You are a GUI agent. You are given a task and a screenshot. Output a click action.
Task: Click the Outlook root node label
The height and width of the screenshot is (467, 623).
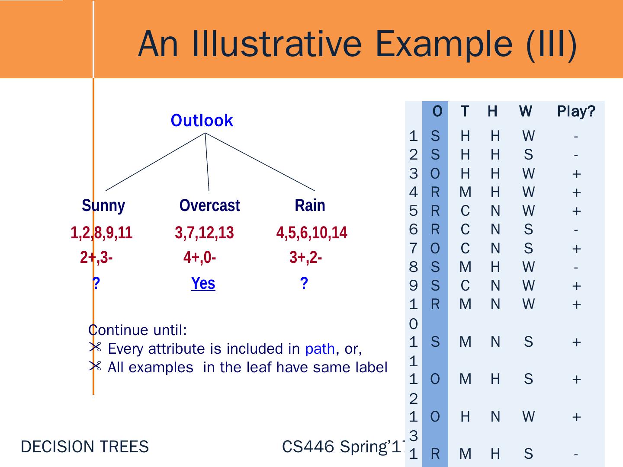tap(202, 121)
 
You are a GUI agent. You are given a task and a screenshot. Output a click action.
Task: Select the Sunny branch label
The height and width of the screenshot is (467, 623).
tap(103, 205)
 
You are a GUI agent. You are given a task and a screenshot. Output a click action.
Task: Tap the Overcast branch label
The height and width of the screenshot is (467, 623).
tap(209, 205)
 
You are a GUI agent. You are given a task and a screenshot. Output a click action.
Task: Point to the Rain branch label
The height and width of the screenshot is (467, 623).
tap(310, 205)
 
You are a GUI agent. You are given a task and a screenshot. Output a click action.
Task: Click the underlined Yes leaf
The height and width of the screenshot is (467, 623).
tap(203, 284)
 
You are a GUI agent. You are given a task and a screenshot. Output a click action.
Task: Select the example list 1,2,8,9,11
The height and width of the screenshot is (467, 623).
tap(101, 233)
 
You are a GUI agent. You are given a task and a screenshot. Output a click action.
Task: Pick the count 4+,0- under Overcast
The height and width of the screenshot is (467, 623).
tap(199, 258)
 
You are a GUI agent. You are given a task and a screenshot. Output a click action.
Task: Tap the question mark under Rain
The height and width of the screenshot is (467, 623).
tap(304, 283)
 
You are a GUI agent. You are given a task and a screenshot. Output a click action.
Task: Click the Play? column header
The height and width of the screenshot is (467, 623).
tap(576, 112)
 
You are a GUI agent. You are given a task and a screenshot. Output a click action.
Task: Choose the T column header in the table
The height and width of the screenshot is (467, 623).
tap(465, 112)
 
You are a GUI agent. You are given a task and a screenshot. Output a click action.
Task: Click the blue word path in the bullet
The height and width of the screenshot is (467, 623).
tap(320, 349)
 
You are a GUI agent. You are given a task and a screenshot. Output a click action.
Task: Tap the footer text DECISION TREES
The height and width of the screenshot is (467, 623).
tap(85, 447)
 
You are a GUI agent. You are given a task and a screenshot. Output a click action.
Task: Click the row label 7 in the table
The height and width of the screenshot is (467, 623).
tap(413, 249)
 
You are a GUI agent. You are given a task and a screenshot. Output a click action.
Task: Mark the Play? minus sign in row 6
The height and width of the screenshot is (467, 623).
tap(575, 230)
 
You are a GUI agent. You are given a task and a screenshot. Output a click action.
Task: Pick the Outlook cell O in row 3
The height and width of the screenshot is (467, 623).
tap(435, 174)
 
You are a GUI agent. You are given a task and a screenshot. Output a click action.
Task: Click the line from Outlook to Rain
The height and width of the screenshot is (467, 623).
tap(260, 161)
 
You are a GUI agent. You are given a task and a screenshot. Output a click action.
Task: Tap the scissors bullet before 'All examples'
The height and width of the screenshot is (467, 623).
tap(95, 367)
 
